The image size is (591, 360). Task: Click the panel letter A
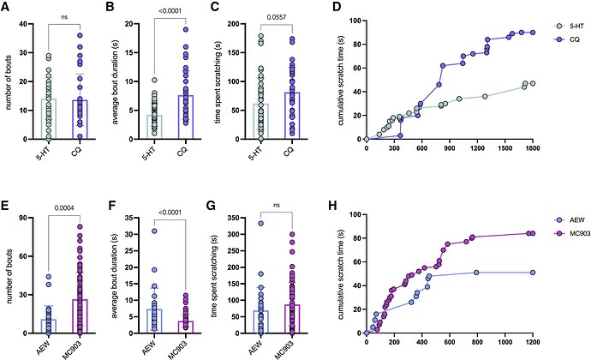tap(7, 8)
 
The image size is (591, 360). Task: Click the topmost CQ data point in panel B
tap(183, 29)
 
